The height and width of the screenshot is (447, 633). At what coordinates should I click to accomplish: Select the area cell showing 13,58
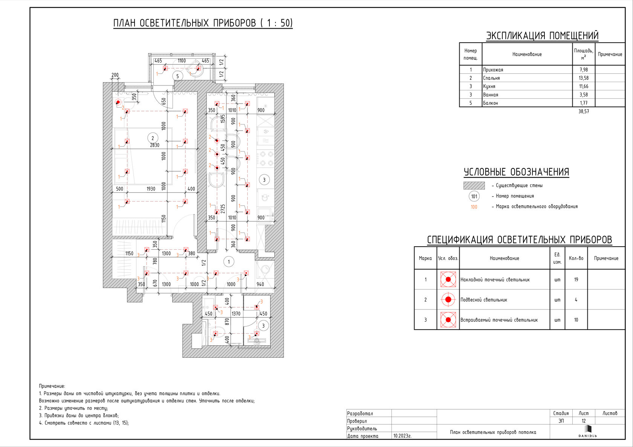[x=584, y=78]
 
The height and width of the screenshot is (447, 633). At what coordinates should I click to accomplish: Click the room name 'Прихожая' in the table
[x=493, y=70]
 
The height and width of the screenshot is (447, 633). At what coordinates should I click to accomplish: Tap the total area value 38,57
[x=584, y=111]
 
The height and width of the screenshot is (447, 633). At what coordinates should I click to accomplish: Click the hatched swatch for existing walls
[x=474, y=185]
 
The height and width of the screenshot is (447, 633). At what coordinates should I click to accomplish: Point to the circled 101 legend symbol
[x=474, y=196]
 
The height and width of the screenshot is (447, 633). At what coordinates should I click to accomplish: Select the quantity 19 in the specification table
[x=576, y=279]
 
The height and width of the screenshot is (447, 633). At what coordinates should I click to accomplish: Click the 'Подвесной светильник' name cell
[x=484, y=300]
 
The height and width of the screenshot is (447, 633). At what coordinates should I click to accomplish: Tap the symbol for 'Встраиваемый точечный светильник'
[x=448, y=320]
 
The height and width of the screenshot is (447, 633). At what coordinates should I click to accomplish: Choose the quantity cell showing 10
[x=576, y=320]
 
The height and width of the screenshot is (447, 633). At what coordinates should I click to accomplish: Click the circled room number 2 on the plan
[x=153, y=138]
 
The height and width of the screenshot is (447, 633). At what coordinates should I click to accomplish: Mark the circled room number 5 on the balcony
[x=177, y=76]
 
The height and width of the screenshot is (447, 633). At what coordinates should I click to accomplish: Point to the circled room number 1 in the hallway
[x=229, y=262]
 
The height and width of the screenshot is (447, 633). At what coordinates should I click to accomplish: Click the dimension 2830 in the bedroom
[x=154, y=145]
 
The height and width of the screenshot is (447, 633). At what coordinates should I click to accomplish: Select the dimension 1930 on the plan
[x=151, y=189]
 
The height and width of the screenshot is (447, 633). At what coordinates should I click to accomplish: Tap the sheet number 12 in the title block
[x=584, y=421]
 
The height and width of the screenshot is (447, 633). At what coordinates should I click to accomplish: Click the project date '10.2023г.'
[x=402, y=436]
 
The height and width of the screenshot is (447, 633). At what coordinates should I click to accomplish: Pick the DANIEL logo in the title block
[x=587, y=432]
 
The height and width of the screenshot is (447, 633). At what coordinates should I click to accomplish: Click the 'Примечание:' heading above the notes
[x=52, y=386]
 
